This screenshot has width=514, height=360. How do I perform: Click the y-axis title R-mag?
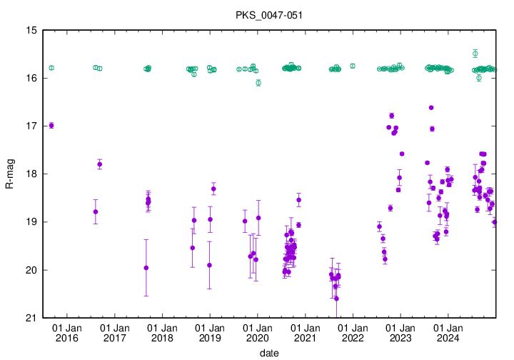point(9,174)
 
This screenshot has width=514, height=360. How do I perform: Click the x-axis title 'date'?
point(269,353)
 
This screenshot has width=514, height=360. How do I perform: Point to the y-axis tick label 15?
point(31,30)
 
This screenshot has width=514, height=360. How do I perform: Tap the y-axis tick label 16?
point(31,78)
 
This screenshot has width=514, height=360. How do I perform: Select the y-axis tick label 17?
point(31,126)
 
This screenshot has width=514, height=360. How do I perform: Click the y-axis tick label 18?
point(31,174)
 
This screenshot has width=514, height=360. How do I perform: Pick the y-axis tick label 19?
point(31,222)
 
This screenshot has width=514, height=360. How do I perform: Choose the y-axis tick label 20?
point(31,270)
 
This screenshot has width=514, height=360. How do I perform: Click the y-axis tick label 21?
point(31,318)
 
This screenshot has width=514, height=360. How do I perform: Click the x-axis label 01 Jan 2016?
point(67,333)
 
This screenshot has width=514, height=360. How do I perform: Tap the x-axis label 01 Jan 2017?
point(115,333)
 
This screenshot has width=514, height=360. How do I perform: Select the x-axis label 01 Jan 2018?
point(162,333)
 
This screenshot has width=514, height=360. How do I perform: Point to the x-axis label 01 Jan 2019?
point(210,333)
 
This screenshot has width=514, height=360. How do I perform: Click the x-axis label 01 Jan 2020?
point(258,333)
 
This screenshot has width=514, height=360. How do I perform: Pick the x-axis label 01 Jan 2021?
point(306,333)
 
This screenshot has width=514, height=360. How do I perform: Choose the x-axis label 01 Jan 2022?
point(353,333)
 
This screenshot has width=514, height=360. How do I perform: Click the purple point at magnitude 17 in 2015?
point(51,125)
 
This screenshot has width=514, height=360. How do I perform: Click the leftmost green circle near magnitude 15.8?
point(51,68)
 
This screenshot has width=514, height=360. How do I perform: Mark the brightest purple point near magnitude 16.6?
point(431,107)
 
